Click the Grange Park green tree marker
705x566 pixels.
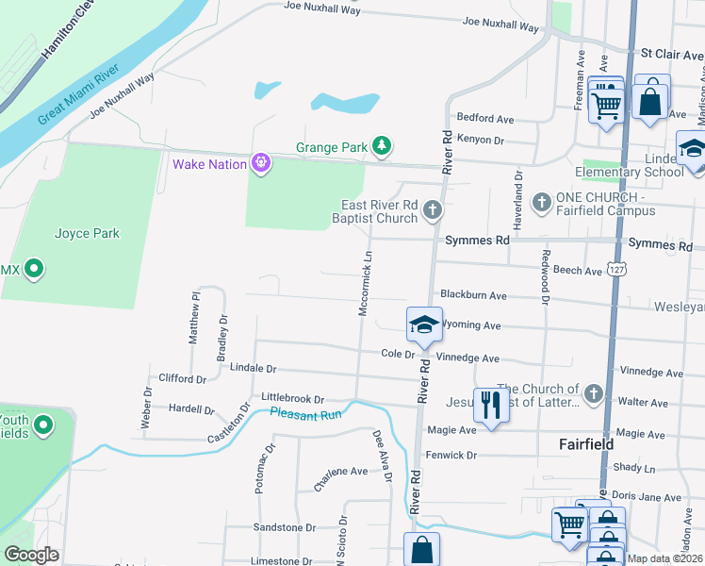pos(382,145)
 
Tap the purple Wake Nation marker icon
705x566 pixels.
pos(261,164)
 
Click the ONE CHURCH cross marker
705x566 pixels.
pos(542,202)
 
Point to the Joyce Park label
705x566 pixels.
pos(87,233)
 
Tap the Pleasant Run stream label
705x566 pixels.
pos(304,414)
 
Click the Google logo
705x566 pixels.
pos(31,555)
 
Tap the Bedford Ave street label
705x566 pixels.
pos(484,119)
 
